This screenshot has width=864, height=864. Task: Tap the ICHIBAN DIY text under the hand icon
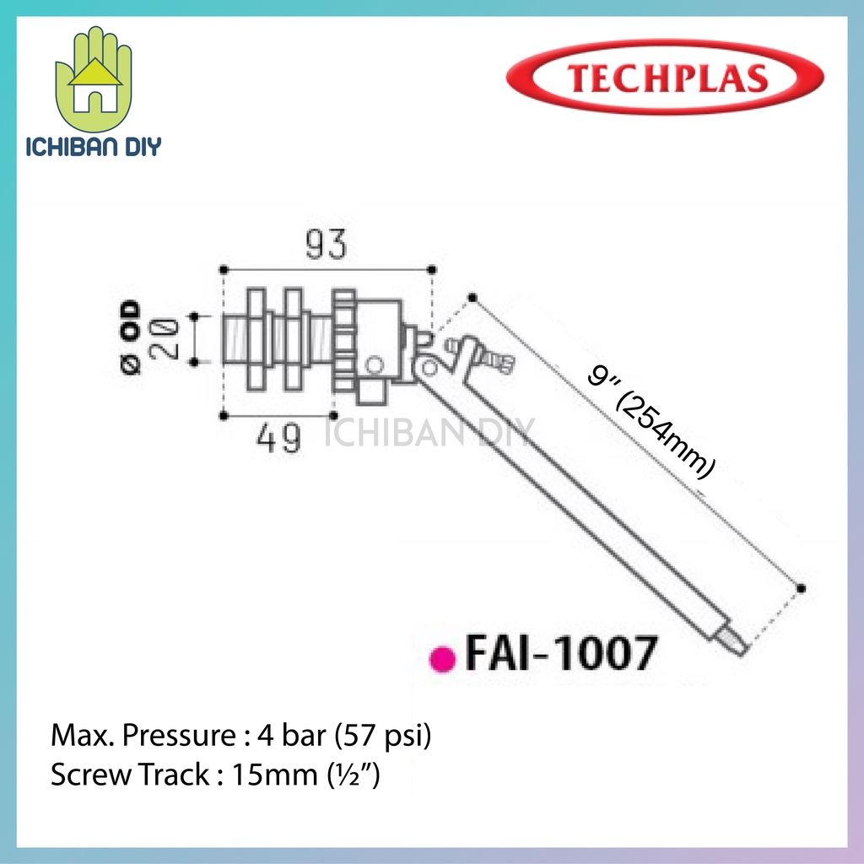tap(94, 144)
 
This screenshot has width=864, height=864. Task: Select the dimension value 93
tap(325, 246)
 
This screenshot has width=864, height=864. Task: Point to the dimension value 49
tap(278, 438)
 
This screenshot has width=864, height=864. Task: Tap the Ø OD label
tap(132, 337)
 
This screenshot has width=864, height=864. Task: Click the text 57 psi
tap(385, 737)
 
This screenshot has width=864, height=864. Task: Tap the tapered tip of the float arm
tap(732, 639)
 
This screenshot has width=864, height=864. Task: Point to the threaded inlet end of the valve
tap(233, 338)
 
